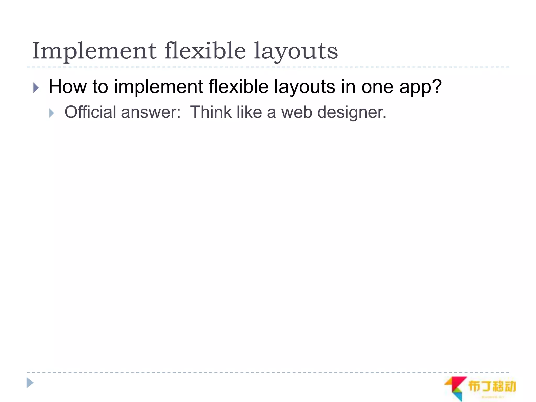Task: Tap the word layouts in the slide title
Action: coord(296,52)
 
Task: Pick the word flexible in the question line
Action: coord(238,87)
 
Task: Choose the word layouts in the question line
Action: coord(305,87)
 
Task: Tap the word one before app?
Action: coord(377,87)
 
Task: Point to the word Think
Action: coord(211,112)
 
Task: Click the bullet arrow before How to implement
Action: coord(36,88)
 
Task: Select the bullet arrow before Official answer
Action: coord(52,113)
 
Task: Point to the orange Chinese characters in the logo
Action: coord(492,386)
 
